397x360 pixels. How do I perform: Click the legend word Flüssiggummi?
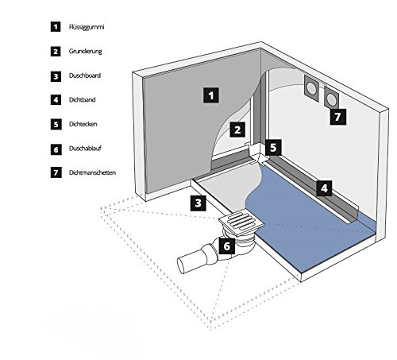pos(87,27)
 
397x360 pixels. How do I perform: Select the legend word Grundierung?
pos(86,51)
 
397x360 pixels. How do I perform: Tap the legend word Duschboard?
pos(85,75)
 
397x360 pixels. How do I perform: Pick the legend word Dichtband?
pos(83,100)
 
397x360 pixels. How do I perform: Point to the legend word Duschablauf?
pos(85,149)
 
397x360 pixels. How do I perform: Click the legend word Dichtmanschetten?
pos(92,172)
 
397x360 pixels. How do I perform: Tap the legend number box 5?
pos(56,125)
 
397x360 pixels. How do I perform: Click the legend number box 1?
pos(56,27)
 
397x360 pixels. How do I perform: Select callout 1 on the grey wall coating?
pos(211,95)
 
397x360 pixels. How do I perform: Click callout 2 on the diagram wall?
pos(237,130)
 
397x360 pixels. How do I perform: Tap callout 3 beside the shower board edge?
pos(198,203)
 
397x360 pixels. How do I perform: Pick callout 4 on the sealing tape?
pos(324,188)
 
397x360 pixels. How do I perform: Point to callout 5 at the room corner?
pos(273,147)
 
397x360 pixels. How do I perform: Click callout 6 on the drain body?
pos(227,246)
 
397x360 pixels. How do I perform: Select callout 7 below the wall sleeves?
pos(338,116)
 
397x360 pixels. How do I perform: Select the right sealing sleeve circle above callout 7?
pos(331,99)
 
